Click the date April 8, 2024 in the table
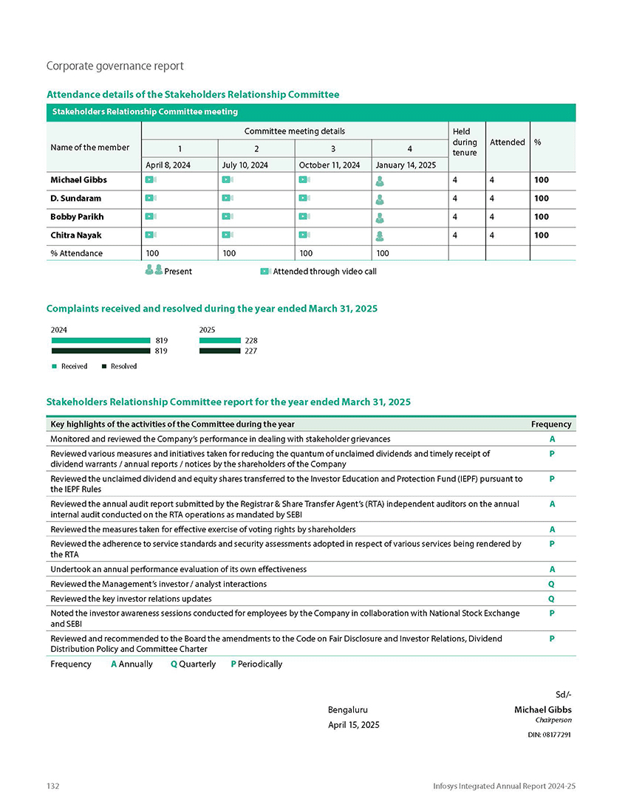[168, 165]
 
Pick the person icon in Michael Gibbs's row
[379, 180]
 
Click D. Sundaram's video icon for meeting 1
[150, 199]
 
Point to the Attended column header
[507, 142]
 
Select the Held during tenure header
[465, 142]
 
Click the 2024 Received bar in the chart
[100, 340]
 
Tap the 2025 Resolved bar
[220, 351]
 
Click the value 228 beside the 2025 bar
[251, 340]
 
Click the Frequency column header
[551, 424]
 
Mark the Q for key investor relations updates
[552, 599]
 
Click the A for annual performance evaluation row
[552, 570]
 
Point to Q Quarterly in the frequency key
[193, 664]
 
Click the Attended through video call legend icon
[265, 272]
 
